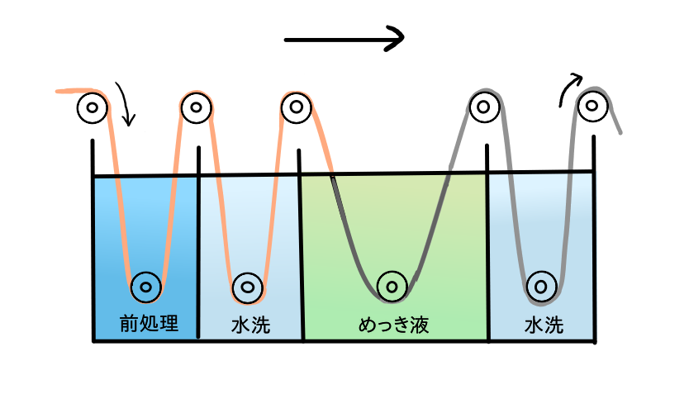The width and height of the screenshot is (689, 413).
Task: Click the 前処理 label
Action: (149, 323)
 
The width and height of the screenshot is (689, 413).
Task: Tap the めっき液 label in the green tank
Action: (394, 325)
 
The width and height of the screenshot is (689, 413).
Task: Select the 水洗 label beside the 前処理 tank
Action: (250, 325)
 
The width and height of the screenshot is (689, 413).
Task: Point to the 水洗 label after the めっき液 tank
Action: (544, 325)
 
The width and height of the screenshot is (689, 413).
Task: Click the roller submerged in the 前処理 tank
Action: (146, 287)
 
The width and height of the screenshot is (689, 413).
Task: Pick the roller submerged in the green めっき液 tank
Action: (392, 287)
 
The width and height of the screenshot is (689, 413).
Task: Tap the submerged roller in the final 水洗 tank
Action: (541, 287)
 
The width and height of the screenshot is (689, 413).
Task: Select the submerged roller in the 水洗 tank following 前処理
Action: (247, 287)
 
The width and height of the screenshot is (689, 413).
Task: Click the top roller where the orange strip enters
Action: (93, 107)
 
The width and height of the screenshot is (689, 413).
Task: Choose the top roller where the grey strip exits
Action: (592, 106)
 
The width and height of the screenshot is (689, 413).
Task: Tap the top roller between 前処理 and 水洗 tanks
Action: (196, 107)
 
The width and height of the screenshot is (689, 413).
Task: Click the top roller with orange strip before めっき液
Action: (296, 107)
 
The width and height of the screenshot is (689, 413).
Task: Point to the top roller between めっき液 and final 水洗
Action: (484, 107)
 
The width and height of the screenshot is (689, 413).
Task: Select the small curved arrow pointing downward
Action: (126, 104)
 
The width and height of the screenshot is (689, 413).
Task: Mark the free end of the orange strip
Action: (57, 92)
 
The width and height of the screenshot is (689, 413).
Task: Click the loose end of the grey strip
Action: (620, 133)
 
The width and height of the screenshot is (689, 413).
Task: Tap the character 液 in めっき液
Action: (420, 325)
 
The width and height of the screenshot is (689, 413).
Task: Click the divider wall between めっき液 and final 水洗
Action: (487, 243)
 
